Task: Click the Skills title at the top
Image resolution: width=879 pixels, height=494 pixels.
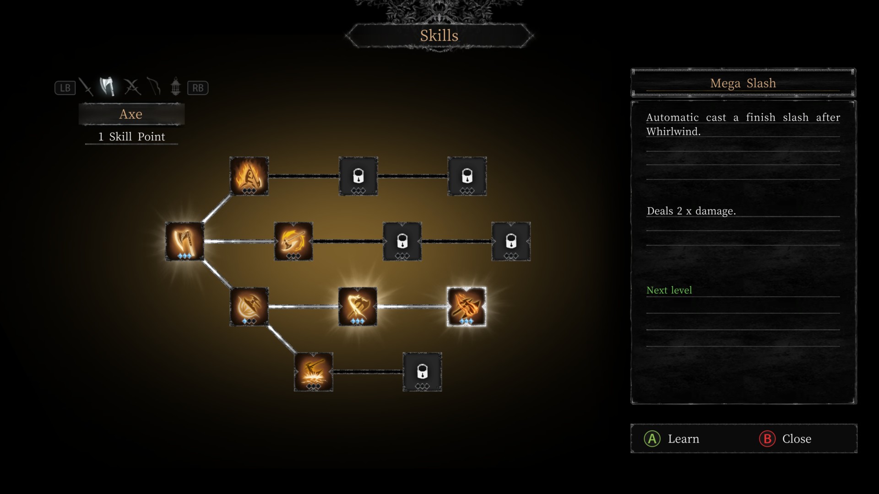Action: point(439,36)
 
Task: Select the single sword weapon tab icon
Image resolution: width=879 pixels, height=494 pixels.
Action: point(86,87)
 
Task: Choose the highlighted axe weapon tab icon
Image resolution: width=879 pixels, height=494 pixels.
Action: point(108,86)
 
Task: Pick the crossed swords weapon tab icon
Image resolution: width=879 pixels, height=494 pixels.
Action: point(132,87)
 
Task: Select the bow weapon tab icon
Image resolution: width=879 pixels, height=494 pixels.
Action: point(154,86)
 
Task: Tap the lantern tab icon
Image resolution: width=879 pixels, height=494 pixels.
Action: point(175,86)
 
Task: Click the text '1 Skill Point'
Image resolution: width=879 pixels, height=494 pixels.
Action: point(131,137)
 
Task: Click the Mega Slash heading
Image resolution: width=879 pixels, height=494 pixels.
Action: point(743,83)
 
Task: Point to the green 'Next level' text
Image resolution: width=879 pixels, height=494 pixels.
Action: point(669,290)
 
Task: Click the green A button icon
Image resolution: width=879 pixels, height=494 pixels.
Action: point(652,439)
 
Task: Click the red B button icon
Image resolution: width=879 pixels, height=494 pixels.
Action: point(767,439)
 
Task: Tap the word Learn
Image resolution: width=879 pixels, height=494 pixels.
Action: point(683,439)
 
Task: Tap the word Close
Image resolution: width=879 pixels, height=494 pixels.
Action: point(797,439)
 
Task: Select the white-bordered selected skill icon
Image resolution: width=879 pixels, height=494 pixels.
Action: point(466,306)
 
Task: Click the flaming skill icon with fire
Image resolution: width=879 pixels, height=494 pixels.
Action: point(249,176)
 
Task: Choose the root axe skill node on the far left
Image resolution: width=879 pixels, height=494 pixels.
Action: point(184,241)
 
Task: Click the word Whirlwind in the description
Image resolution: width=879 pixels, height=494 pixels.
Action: point(673,132)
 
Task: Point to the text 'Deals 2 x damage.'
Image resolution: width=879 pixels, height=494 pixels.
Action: point(691,211)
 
